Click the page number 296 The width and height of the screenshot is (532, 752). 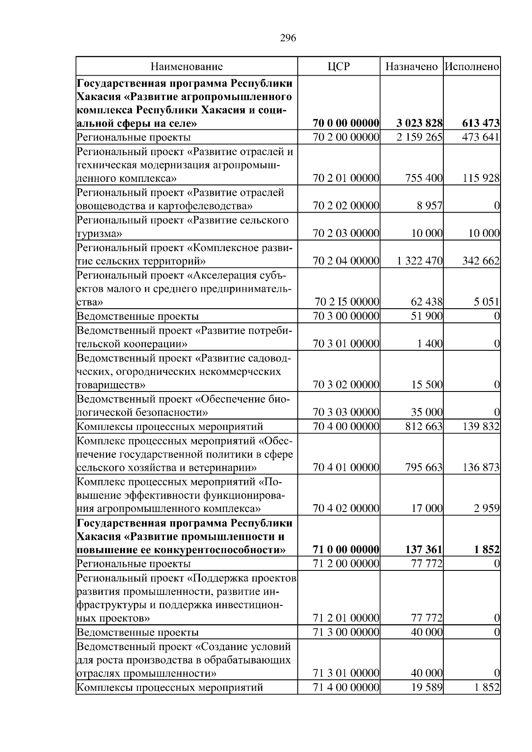click(x=288, y=38)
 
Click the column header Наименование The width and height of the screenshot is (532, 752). click(x=187, y=67)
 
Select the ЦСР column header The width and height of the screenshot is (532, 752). click(x=339, y=67)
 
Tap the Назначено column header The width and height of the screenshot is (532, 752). click(x=411, y=67)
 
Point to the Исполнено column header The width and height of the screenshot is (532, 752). click(x=472, y=67)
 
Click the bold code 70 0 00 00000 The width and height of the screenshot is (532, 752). click(x=346, y=123)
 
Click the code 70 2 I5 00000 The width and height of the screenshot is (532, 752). click(x=347, y=302)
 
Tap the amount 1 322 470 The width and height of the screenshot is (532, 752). click(x=419, y=261)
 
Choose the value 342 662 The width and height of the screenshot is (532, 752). click(x=481, y=261)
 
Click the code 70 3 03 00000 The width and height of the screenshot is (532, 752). click(x=346, y=413)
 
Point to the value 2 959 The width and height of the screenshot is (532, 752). click(x=488, y=508)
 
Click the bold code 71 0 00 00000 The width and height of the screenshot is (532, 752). click(x=346, y=550)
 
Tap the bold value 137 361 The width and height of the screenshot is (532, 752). click(x=424, y=550)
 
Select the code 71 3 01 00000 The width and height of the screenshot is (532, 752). click(x=346, y=674)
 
